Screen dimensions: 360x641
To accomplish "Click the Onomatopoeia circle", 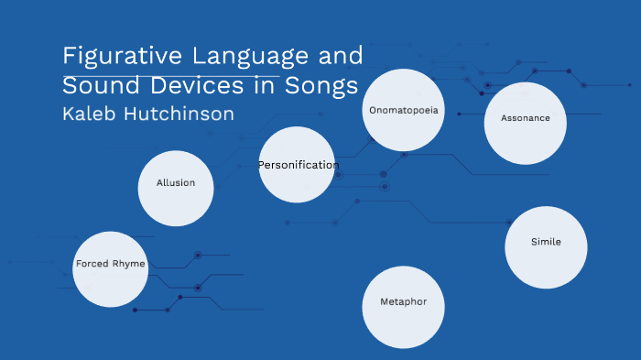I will coord(404,110).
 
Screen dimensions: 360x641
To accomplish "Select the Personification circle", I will coord(297,165).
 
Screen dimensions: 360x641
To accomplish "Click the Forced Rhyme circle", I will coord(111,268).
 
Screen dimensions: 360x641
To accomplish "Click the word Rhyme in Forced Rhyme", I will coord(129,264).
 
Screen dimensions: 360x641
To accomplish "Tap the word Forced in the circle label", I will coord(92,264).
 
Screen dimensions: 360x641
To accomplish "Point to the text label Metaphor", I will coord(403,301).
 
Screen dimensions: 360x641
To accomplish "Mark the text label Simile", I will coord(546,242).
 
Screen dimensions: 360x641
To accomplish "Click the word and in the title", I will coord(341,57).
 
